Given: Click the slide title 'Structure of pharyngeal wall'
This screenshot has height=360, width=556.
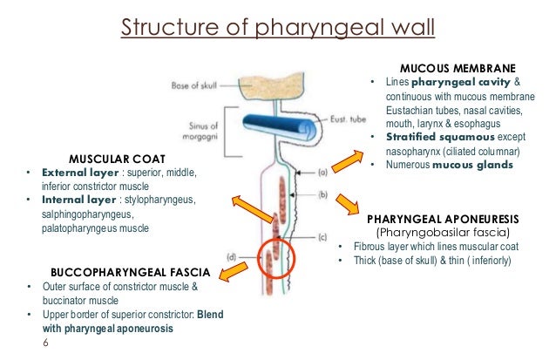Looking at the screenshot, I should (276, 24).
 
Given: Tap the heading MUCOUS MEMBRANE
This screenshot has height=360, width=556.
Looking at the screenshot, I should (458, 67).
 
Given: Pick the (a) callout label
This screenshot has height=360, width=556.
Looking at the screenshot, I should (323, 173).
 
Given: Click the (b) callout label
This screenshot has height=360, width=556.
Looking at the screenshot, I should (323, 194).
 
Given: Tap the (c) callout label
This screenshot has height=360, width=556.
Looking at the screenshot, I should (323, 237).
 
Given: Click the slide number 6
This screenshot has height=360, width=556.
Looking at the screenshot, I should (45, 343).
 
